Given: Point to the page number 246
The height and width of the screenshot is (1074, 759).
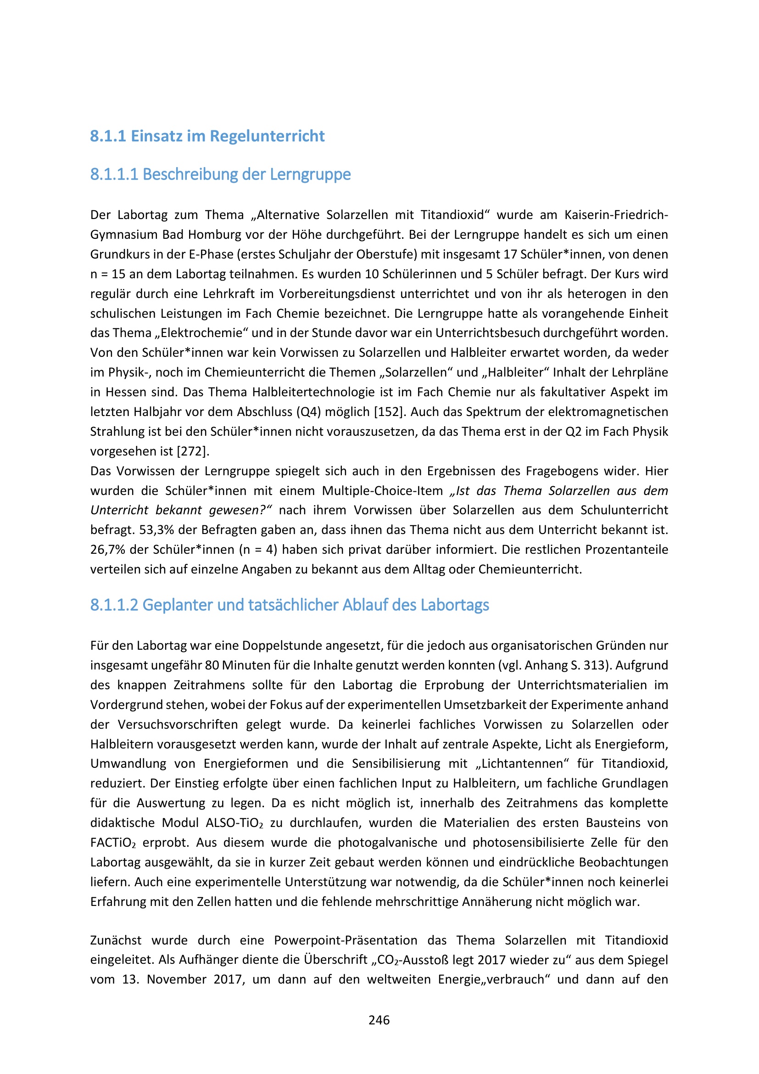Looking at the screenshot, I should point(379,1020).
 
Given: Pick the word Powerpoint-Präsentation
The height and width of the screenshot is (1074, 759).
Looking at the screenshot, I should point(346,940).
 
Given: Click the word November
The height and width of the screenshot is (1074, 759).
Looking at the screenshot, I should point(176,979).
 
